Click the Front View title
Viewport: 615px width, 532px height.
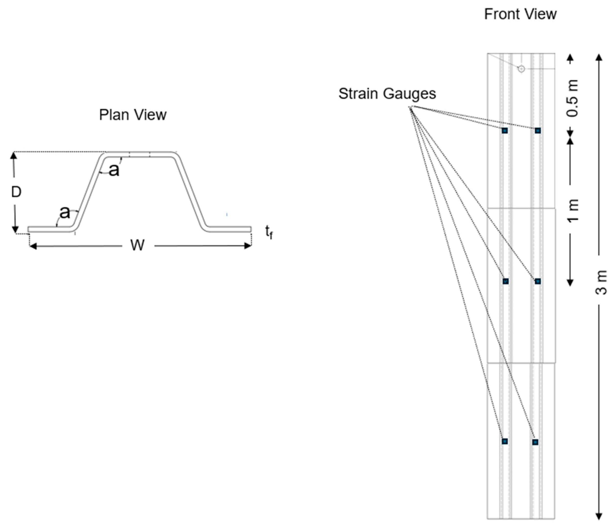520,14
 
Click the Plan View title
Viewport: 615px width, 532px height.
133,115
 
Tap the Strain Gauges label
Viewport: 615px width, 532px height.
387,94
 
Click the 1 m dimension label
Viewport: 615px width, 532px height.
574,210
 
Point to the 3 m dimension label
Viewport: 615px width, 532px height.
601,282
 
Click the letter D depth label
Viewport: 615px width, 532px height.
16,192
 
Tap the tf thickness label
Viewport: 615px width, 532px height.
269,232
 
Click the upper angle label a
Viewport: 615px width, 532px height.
114,170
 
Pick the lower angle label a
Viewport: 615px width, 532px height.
65,212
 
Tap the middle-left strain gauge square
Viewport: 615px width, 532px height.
505,281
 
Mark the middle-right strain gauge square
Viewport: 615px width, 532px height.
537,281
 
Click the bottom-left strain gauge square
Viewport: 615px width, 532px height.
504,441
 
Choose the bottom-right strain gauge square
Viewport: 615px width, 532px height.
535,442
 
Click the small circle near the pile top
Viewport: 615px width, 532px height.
521,69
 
